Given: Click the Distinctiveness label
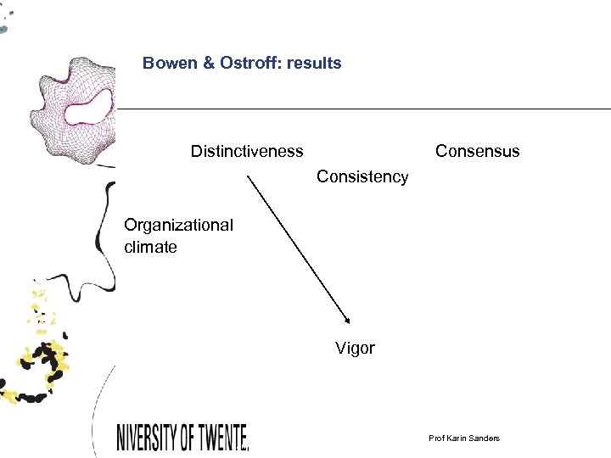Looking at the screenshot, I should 246,151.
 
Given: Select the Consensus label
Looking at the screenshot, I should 477,151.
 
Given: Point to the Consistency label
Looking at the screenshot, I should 362,176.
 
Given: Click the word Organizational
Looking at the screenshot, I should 178,225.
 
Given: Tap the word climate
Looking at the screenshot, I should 150,248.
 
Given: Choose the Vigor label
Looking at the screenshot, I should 355,349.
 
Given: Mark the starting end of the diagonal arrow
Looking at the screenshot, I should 248,176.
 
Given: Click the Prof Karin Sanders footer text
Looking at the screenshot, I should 464,438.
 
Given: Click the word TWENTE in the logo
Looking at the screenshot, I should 223,438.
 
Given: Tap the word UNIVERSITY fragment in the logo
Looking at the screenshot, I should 145,438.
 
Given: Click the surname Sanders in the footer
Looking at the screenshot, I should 485,438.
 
